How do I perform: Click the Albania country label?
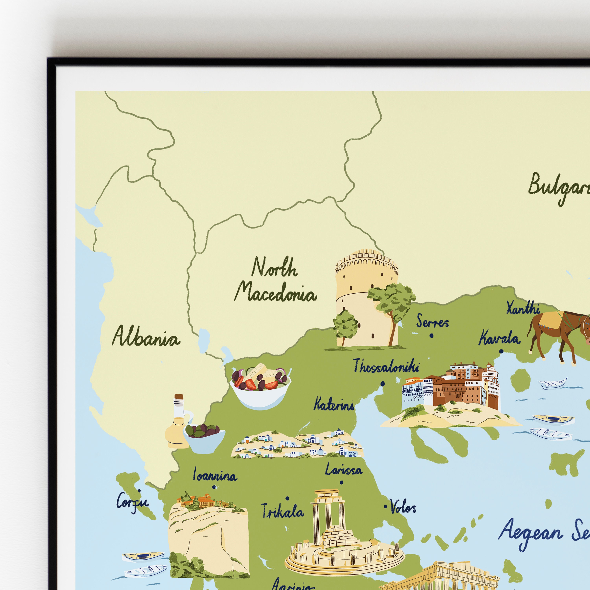[146, 336]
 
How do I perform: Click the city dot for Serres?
[431, 336]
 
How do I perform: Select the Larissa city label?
[344, 469]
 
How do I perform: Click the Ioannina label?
[215, 476]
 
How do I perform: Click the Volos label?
[403, 508]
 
